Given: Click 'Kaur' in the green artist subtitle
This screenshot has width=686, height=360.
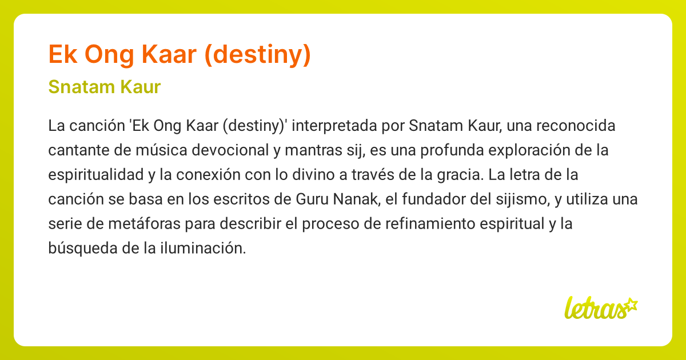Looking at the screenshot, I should tap(139, 87).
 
